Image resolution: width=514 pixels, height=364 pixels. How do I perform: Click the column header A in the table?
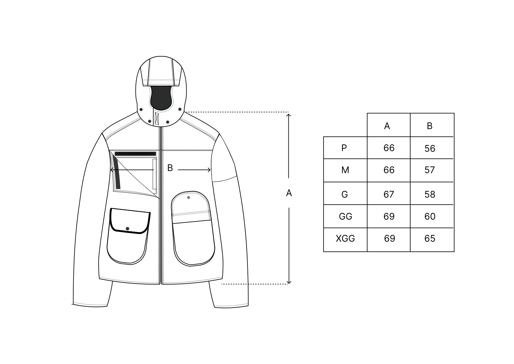click(x=387, y=126)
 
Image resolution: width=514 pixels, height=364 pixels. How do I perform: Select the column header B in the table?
click(x=429, y=126)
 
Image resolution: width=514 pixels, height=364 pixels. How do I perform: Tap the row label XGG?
click(x=345, y=239)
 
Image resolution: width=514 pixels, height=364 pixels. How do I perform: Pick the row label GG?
click(x=345, y=216)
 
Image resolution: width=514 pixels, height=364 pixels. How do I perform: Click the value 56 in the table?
click(x=430, y=149)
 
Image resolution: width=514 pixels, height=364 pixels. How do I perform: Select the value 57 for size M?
click(x=429, y=170)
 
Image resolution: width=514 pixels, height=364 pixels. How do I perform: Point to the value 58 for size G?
click(x=430, y=195)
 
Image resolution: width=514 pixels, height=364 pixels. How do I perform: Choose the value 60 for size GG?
click(x=430, y=216)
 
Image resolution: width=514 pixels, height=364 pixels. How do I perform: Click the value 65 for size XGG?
click(x=430, y=239)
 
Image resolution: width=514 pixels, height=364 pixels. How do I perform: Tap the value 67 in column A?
click(x=389, y=195)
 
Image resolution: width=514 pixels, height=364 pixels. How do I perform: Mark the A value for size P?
click(x=389, y=148)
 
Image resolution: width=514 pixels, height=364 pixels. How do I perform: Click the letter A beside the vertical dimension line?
click(x=289, y=193)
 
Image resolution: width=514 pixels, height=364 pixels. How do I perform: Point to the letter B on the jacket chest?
click(x=170, y=168)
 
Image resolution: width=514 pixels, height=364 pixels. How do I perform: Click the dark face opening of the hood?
click(x=161, y=98)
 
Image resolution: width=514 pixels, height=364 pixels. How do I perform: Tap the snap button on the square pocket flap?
click(x=128, y=228)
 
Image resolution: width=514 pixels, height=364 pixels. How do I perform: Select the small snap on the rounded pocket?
click(x=189, y=198)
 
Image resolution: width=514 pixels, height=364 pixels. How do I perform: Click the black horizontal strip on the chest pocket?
click(x=136, y=154)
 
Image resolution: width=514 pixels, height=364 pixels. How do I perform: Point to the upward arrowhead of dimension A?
click(x=289, y=115)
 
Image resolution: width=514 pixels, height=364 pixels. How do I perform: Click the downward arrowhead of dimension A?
click(x=289, y=282)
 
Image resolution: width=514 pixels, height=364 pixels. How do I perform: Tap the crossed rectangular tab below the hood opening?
click(x=157, y=119)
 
